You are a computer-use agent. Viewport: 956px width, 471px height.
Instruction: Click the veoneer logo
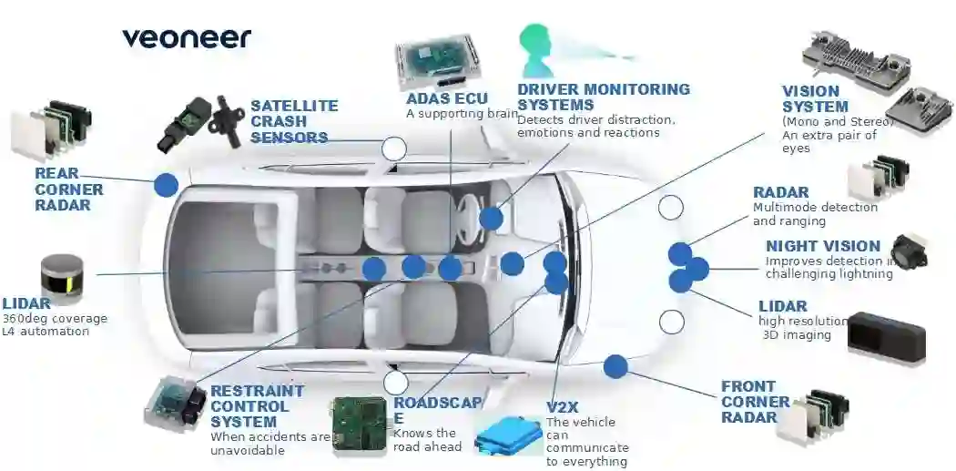pos(186,38)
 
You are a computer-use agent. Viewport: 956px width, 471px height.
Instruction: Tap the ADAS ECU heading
pos(446,98)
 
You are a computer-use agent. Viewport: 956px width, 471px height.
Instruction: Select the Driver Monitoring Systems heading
pos(603,97)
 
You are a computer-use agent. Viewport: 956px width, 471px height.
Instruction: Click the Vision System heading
pos(810,98)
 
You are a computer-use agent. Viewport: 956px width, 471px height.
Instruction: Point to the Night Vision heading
pos(822,246)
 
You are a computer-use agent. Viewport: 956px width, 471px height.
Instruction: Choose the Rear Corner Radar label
pos(68,189)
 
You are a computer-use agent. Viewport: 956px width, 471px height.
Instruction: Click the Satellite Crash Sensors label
pos(294,122)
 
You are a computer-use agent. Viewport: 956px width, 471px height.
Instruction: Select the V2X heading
pos(564,406)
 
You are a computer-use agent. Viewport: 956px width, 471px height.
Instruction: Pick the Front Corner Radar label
pos(755,402)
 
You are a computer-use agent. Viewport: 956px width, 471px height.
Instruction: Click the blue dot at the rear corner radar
pos(166,185)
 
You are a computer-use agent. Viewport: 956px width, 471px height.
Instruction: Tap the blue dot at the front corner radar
pos(615,366)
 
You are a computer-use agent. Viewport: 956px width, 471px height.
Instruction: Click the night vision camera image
pos(909,250)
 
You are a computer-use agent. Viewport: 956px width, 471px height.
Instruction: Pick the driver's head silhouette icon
pos(535,50)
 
